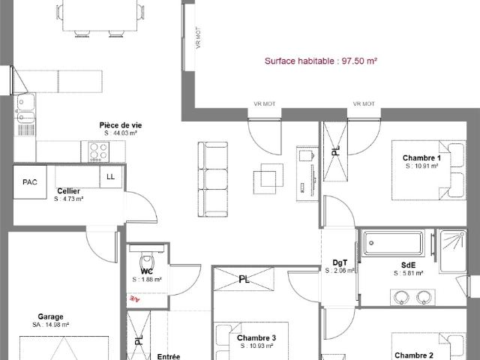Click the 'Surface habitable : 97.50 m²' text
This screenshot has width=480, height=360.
(320, 61)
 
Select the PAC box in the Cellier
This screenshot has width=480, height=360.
(30, 181)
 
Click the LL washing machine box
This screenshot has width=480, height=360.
(111, 177)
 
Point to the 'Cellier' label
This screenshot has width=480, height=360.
(69, 191)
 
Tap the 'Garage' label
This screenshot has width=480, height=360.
(51, 316)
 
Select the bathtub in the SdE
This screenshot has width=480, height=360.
(392, 243)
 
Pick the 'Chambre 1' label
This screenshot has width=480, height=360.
(421, 158)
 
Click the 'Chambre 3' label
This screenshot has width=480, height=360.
(256, 338)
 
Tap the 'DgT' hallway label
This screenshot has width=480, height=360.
(340, 262)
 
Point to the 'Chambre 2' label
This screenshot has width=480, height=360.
(414, 355)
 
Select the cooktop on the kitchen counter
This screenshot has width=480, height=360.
(99, 151)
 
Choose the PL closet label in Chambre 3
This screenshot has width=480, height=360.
(244, 279)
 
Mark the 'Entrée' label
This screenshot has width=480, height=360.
(168, 356)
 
